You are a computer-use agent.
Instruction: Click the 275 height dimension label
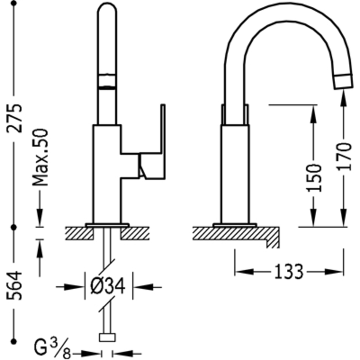(14, 118)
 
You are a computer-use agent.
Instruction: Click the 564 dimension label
(14, 285)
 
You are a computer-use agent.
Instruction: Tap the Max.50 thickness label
(40, 157)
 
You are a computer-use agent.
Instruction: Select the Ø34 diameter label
(108, 286)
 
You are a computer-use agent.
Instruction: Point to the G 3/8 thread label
(52, 347)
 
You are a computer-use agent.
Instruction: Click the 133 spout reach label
(289, 271)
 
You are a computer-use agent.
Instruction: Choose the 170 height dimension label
(344, 156)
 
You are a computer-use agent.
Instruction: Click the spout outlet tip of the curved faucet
(343, 81)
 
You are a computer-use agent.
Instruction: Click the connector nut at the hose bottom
(107, 338)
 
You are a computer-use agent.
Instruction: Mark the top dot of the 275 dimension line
(14, 3)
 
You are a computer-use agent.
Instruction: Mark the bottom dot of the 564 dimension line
(14, 342)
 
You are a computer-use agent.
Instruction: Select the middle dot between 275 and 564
(14, 228)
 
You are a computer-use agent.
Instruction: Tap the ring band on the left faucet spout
(107, 81)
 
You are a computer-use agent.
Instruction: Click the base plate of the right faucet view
(234, 225)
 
